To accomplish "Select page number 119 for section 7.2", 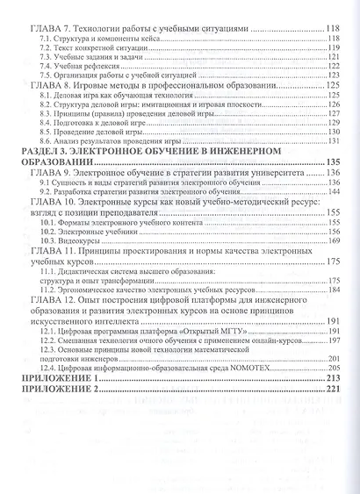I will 334,49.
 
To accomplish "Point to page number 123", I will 334,77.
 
